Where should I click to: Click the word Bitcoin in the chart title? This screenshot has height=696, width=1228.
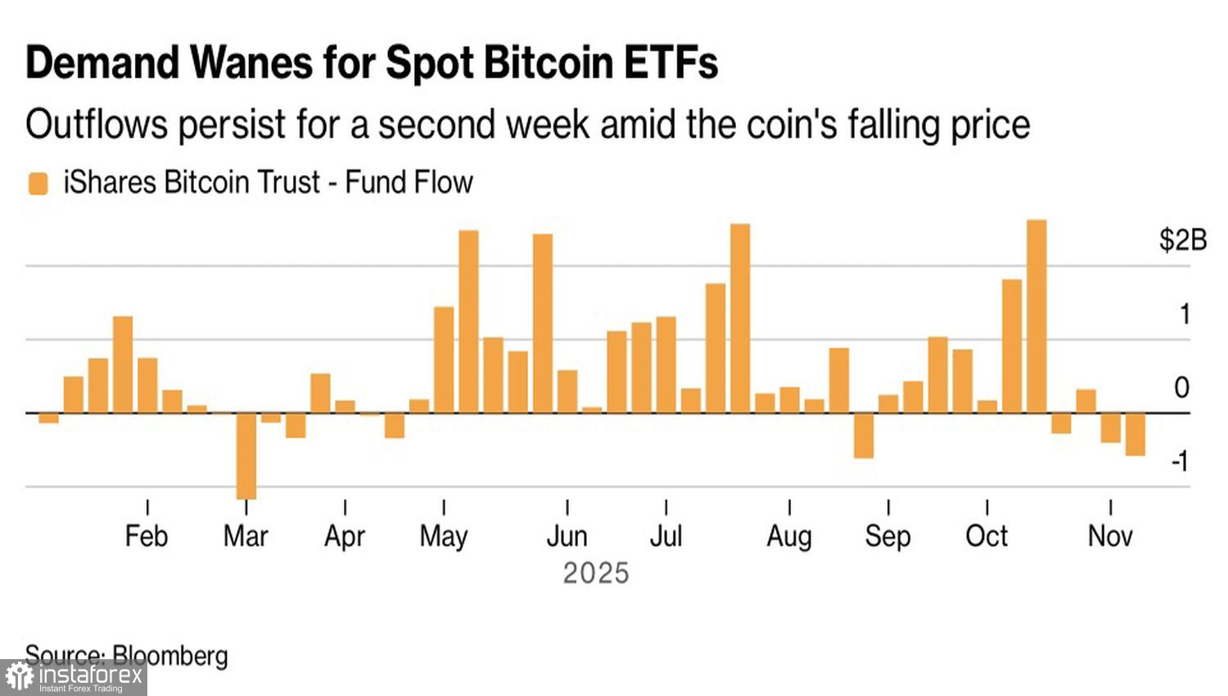549,62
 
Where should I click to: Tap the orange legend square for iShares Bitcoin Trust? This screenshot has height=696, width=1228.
38,183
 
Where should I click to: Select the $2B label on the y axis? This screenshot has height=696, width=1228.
1182,240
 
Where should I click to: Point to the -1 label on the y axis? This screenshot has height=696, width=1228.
1180,462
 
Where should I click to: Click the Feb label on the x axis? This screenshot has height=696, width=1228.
147,536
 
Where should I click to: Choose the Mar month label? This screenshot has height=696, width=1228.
246,536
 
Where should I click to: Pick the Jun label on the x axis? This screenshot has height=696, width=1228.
567,536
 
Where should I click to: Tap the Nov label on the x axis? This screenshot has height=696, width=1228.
1110,536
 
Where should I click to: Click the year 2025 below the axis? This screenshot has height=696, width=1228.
596,573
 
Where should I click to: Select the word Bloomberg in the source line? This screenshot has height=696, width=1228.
170,656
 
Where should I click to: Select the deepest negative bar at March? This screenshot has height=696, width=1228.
246,455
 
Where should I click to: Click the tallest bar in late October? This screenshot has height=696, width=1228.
1036,316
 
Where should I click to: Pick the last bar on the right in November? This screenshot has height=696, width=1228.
1135,434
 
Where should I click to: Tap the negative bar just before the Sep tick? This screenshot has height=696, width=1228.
864,435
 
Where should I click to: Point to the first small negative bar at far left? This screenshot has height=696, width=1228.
49,418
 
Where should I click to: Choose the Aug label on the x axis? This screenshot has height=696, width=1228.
789,536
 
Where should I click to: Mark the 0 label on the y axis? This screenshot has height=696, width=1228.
1181,387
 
